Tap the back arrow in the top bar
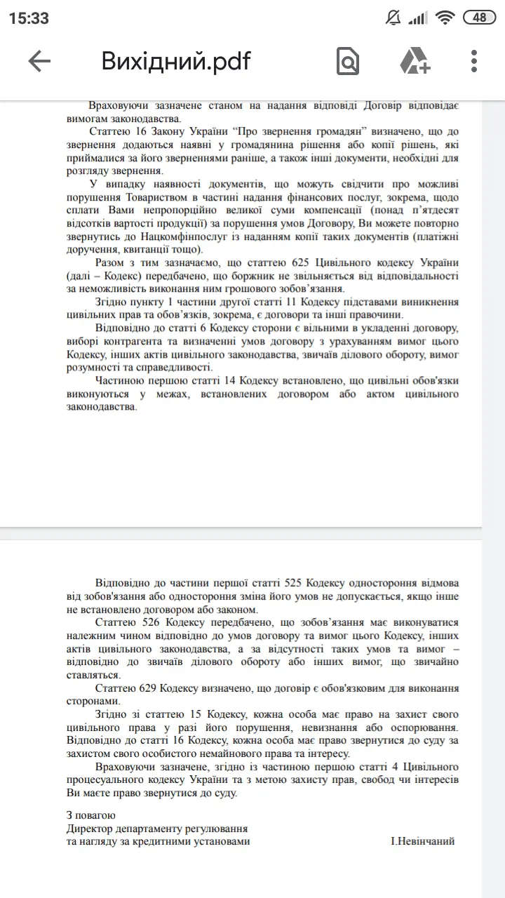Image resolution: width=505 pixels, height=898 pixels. coord(39,62)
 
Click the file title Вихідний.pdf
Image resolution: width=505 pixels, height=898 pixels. coord(176,62)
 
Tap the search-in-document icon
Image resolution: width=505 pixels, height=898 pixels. coord(347,62)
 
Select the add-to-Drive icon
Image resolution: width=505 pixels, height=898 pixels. coord(415,62)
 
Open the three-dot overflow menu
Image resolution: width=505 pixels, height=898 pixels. coord(475,62)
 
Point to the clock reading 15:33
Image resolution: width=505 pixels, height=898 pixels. coord(29,18)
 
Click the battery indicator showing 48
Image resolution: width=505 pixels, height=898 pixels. coord(480,18)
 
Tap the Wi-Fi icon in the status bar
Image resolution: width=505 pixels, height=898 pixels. coord(445,18)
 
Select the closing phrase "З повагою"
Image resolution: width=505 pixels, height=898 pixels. coord(90,815)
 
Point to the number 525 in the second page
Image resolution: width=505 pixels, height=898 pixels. coord(295,583)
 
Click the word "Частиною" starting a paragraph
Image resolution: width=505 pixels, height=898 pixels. coord(119,380)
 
